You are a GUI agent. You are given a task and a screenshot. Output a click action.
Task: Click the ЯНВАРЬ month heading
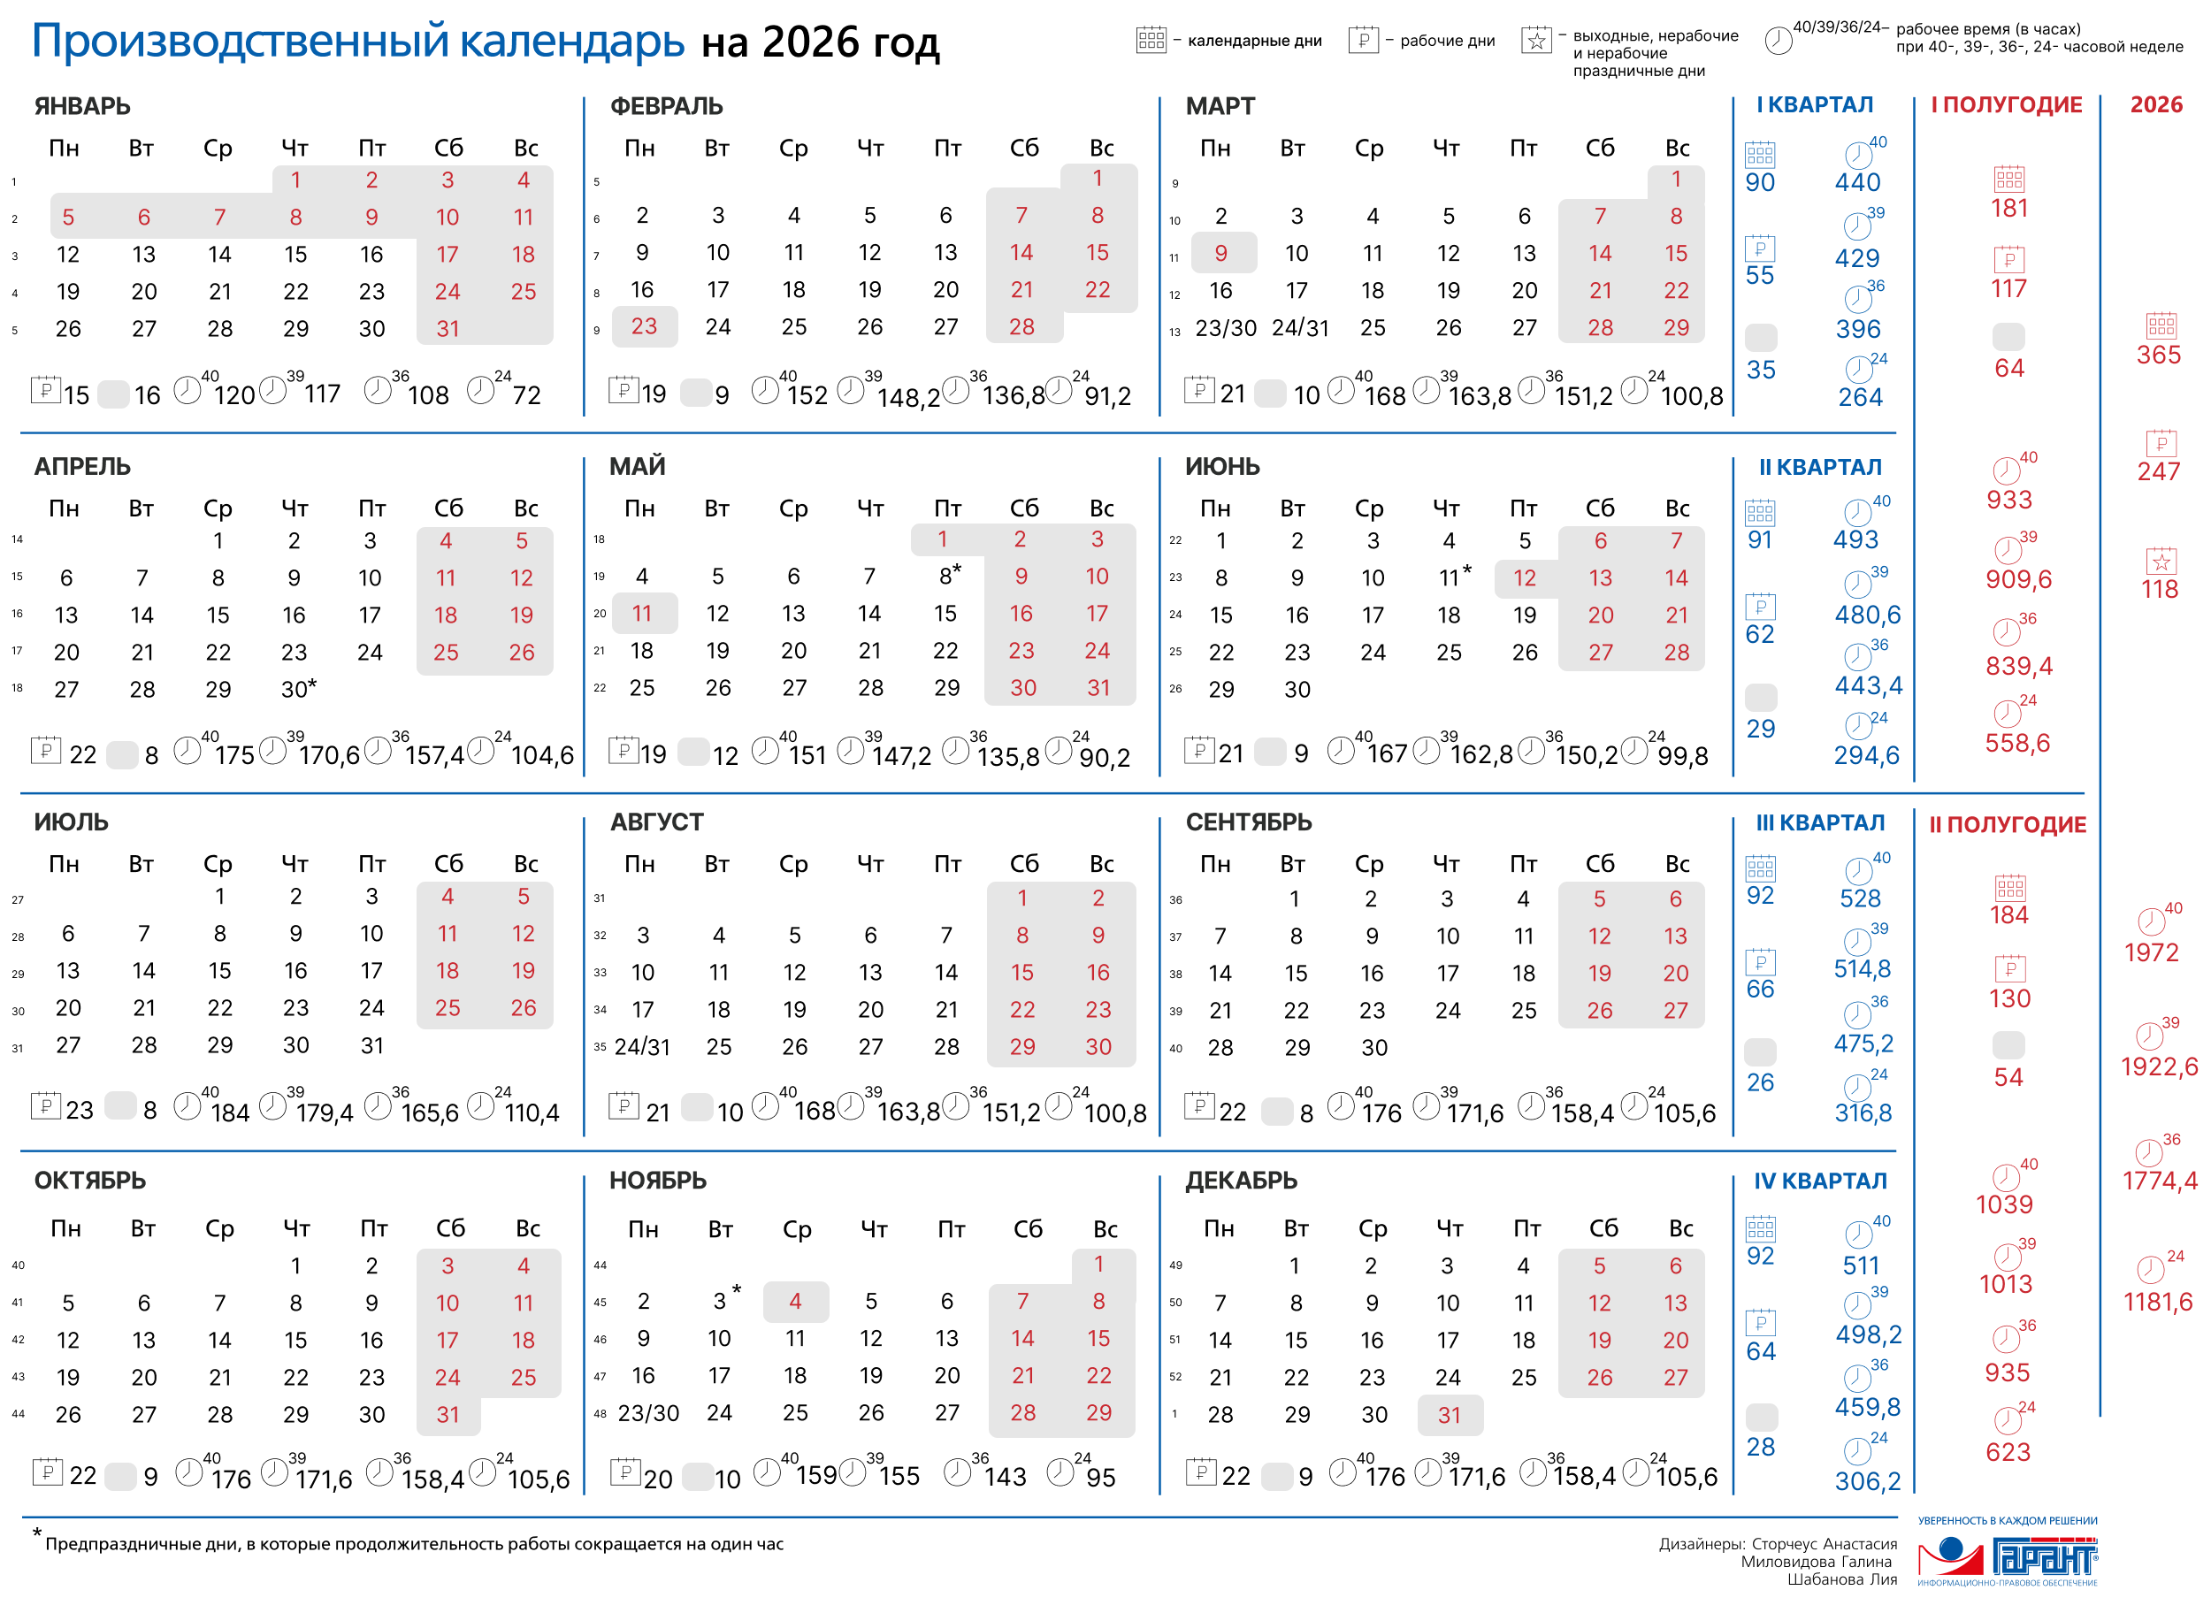click(82, 106)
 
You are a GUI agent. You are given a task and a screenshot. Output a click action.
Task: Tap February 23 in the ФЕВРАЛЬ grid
click(644, 327)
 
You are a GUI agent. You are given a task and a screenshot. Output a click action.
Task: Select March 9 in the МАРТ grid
click(1220, 254)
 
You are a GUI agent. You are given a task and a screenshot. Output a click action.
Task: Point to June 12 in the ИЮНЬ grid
click(1525, 578)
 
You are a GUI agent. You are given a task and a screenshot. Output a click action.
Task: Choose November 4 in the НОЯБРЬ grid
click(795, 1302)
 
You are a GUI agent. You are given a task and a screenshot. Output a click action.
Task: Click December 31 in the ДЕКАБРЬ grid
click(1450, 1415)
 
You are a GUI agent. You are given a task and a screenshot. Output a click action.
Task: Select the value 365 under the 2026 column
click(2157, 355)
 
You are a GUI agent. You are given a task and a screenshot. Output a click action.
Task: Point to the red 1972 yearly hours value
click(2151, 953)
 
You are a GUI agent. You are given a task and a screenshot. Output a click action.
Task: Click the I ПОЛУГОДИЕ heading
click(2006, 105)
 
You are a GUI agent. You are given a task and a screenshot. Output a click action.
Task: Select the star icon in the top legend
click(1535, 41)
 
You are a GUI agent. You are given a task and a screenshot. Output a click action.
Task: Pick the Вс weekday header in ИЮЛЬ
click(525, 864)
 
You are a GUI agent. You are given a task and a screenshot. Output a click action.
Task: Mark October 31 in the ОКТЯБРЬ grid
click(448, 1415)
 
